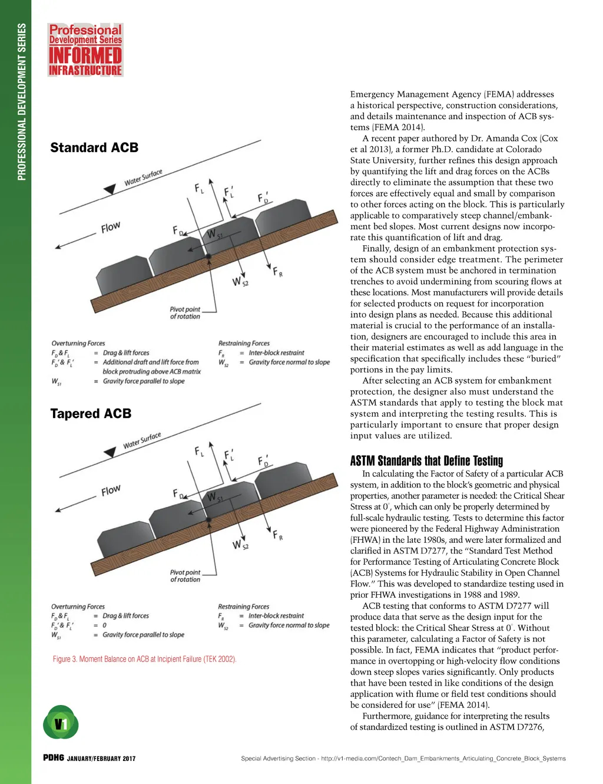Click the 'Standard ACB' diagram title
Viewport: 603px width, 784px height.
coord(94,147)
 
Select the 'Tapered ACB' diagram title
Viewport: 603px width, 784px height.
coord(91,414)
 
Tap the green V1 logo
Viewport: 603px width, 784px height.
coord(61,723)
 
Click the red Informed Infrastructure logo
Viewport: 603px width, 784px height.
coord(85,50)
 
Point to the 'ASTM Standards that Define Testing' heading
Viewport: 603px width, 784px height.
coord(426,461)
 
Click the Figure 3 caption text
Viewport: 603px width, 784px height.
coord(144,659)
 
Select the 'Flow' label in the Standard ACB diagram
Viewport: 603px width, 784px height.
coord(111,228)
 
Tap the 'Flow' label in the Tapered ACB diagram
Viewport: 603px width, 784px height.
coord(111,490)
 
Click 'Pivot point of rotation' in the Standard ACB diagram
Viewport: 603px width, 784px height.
coord(185,313)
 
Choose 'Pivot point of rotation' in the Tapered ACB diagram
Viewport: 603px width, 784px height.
coord(185,576)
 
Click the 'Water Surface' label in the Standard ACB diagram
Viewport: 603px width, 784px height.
coord(143,177)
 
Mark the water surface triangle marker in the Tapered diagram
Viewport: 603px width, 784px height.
coord(110,452)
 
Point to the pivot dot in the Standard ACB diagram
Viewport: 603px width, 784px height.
coord(208,257)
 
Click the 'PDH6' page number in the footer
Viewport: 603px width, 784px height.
coord(53,758)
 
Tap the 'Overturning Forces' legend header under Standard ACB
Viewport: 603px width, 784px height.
coord(78,343)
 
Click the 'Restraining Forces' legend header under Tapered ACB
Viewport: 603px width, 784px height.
coord(243,607)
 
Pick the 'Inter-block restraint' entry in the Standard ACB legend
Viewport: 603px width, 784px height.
coord(276,353)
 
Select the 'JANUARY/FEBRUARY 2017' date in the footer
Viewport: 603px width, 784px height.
coord(101,759)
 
